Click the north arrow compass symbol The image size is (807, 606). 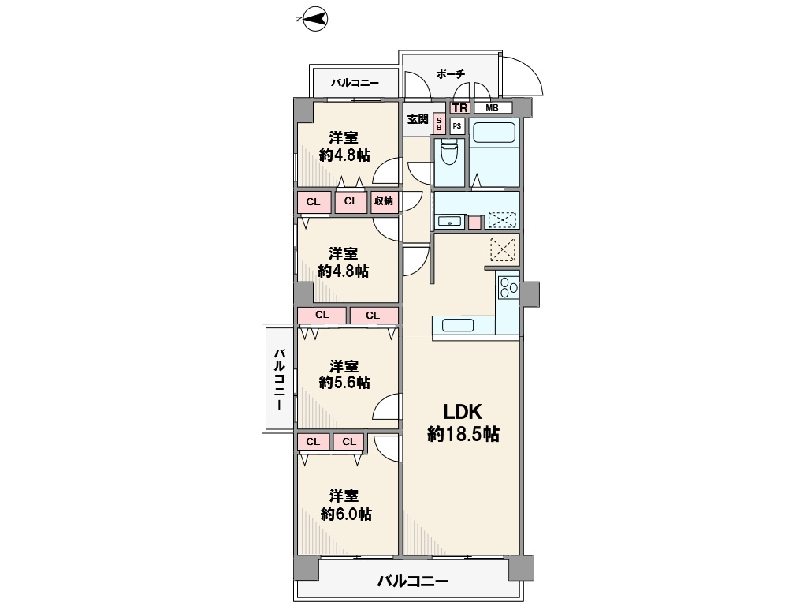(312, 20)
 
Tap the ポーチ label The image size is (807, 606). (450, 73)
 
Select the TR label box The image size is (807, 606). (459, 107)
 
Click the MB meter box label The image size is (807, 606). (492, 108)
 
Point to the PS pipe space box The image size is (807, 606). (457, 125)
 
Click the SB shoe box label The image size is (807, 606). (439, 124)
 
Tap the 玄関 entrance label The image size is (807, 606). (418, 120)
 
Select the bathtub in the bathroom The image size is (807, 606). (494, 133)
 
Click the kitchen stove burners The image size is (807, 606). (508, 287)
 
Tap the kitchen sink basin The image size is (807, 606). (458, 325)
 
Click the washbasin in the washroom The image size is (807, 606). (451, 222)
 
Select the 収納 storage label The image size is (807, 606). (384, 201)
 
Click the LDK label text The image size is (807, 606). (463, 412)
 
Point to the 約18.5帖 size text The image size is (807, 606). (463, 434)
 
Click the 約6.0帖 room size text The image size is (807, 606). (346, 514)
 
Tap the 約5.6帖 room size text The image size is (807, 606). (344, 383)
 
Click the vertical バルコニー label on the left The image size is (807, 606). (280, 378)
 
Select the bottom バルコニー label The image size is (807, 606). (413, 582)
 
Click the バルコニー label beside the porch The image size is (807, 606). (355, 82)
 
